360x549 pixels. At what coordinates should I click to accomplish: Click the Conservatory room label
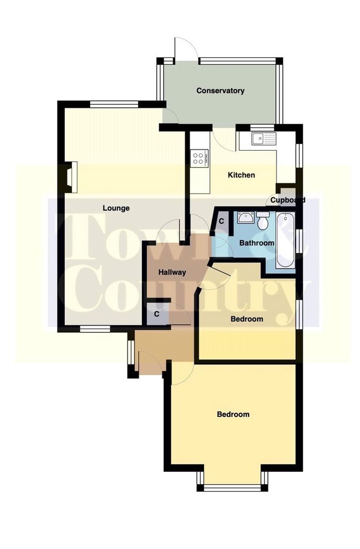pos(220,91)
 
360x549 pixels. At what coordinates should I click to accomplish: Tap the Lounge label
pos(116,209)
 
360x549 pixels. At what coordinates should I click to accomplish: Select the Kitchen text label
pos(242,175)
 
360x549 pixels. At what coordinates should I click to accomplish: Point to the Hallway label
pos(172,272)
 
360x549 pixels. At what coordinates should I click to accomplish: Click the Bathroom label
pos(257,243)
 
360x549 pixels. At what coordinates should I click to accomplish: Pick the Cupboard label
pos(288,201)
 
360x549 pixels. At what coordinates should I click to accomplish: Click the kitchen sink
pos(264,138)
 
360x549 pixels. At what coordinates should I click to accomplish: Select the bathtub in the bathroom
pos(285,241)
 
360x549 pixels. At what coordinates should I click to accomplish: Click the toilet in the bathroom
pos(262,219)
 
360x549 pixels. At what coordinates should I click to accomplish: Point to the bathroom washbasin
pos(246,217)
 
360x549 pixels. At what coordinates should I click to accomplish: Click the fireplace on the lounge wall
pos(71,177)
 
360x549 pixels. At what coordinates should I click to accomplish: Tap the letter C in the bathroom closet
pos(221,221)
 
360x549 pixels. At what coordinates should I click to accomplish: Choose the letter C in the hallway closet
pos(157,314)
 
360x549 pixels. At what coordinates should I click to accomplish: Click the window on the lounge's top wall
pos(114,104)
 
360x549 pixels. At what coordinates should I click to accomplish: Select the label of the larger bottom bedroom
pos(234,414)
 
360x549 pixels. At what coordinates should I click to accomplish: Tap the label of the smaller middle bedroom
pos(246,319)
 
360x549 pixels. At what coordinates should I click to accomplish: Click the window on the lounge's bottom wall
pos(95,329)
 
